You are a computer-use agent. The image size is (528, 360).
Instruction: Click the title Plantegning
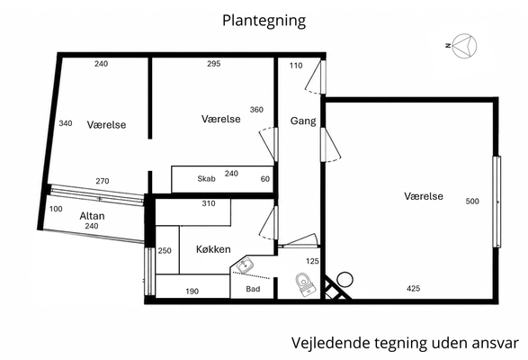tap(264, 21)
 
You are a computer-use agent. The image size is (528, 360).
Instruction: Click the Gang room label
tap(303, 121)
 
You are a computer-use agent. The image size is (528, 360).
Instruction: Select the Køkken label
tap(213, 249)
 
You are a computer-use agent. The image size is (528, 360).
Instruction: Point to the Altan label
tap(92, 216)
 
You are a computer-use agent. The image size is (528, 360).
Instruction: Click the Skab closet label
tap(206, 179)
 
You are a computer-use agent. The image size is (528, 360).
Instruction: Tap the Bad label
tap(253, 289)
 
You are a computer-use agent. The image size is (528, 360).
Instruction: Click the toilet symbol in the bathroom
tap(306, 284)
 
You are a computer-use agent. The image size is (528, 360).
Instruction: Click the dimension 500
tap(472, 202)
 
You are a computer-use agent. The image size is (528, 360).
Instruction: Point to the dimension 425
tap(413, 289)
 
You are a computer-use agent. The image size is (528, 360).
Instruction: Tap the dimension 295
tap(213, 64)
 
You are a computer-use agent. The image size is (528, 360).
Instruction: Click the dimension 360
tap(256, 110)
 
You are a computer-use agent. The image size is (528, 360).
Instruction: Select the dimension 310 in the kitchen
tap(209, 203)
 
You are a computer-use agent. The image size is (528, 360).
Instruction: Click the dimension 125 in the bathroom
tap(312, 261)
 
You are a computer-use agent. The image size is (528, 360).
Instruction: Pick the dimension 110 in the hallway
tap(296, 66)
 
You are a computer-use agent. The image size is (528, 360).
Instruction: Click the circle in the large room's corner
tap(345, 280)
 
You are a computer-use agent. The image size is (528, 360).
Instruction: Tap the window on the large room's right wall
tap(497, 202)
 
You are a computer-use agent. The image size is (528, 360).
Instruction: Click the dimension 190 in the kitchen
tap(192, 292)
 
